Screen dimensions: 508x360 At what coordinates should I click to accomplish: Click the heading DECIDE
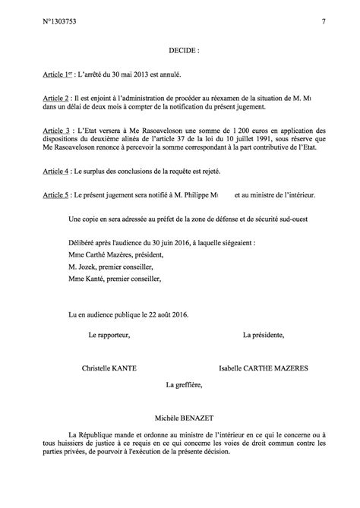tap(184, 54)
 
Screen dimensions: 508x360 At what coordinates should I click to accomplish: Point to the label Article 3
tap(60, 131)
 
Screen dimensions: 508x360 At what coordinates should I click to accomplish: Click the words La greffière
tap(185, 386)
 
